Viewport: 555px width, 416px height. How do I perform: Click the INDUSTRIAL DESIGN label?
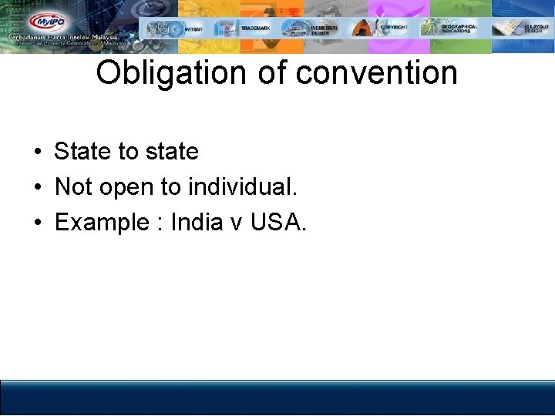(x=324, y=30)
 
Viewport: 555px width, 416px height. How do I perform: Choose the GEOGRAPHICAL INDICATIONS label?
(x=459, y=29)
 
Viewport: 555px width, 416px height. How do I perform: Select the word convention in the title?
(x=377, y=74)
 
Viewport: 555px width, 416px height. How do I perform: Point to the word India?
(x=196, y=222)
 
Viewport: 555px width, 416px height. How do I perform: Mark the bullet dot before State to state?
(x=37, y=152)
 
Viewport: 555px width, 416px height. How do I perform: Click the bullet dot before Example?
(x=37, y=223)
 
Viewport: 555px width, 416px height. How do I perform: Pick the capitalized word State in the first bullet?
(x=82, y=151)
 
